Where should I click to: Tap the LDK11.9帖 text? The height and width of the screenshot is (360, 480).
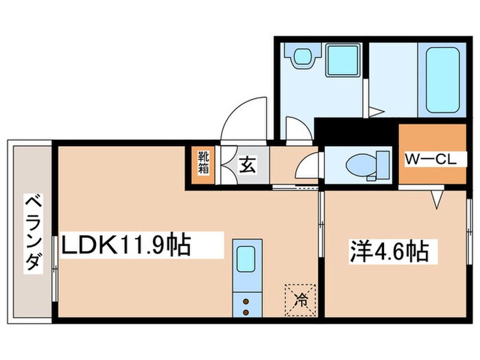coord(127,245)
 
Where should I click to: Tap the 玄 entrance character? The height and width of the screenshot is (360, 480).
coord(247,165)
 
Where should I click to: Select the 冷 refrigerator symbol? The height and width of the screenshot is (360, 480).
coord(300,298)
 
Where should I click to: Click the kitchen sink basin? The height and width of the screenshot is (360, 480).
coord(247,261)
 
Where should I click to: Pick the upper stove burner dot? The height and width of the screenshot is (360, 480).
coord(247,300)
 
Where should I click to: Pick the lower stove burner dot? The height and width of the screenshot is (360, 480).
coord(247,312)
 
